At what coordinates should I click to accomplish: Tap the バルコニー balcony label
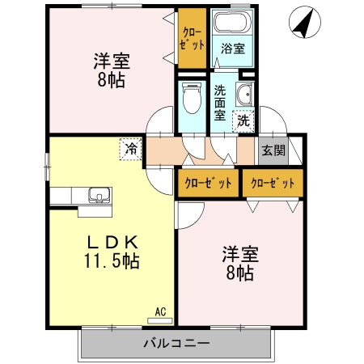click(x=176, y=342)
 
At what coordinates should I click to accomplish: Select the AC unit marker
click(x=159, y=310)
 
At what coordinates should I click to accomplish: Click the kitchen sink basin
click(x=98, y=194)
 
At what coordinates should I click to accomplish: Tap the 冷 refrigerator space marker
click(x=131, y=148)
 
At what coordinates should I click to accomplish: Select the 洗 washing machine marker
click(x=243, y=121)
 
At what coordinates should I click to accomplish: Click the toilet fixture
click(x=192, y=100)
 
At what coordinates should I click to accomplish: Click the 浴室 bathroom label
click(x=233, y=49)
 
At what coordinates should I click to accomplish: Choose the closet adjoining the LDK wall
click(x=207, y=184)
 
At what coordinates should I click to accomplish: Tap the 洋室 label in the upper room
click(x=112, y=61)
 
